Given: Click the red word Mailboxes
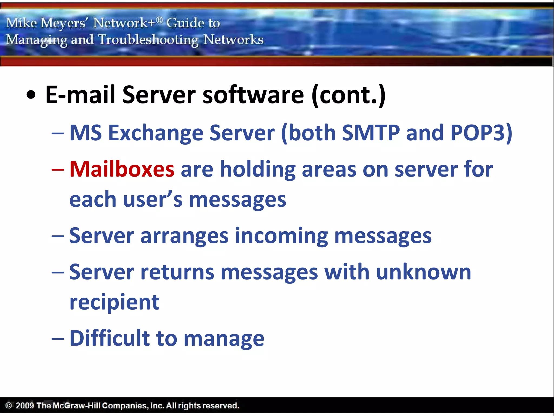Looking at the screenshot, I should (x=122, y=169).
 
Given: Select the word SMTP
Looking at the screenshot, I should (x=371, y=133).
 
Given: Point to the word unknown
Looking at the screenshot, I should (x=423, y=272).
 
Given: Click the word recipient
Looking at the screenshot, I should (x=114, y=302).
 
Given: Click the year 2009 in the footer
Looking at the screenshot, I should (x=25, y=405).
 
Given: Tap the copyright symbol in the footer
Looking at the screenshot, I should (x=9, y=405).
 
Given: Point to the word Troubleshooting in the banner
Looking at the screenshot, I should (x=148, y=40).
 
